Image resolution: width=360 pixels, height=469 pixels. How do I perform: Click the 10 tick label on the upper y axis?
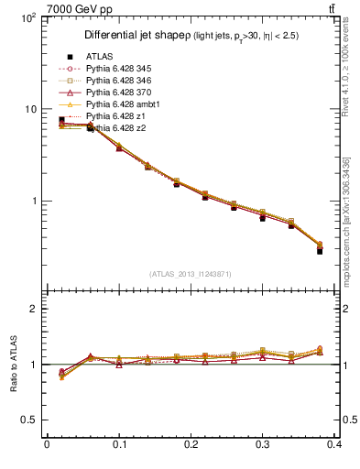(x=30, y=109)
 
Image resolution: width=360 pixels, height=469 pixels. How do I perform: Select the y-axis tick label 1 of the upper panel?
(x=34, y=201)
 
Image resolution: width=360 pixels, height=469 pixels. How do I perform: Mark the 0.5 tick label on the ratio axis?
(x=29, y=420)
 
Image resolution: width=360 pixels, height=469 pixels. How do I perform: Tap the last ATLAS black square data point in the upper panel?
(x=320, y=250)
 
